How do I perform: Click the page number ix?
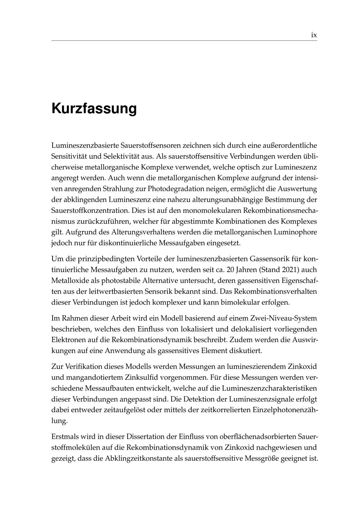314,35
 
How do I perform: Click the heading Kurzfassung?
94,108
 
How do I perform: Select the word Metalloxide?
69,280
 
